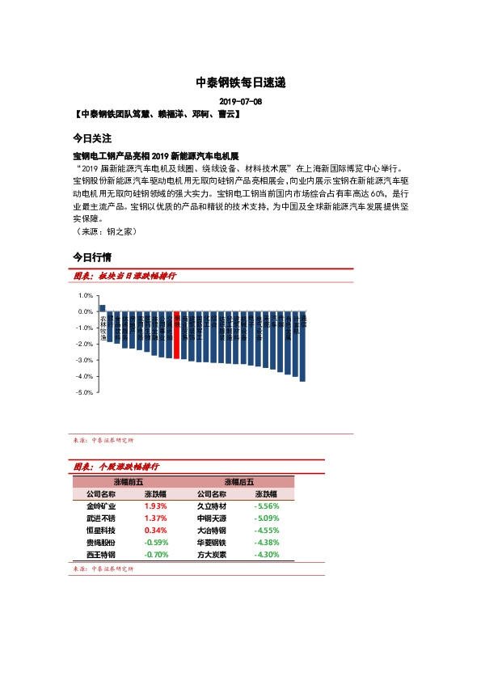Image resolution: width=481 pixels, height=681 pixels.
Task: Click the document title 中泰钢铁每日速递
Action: pos(241,82)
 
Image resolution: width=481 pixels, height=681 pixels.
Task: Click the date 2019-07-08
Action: pos(241,101)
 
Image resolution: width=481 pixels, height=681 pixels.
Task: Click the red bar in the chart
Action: pos(177,334)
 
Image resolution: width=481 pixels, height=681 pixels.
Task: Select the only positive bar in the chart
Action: pos(103,308)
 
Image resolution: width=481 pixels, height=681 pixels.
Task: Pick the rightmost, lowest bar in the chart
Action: pos(302,345)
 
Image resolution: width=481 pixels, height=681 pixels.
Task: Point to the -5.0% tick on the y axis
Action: pos(84,392)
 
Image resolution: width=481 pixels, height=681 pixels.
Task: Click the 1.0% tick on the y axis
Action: pos(85,295)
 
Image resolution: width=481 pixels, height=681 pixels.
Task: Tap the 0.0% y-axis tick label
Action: pos(85,311)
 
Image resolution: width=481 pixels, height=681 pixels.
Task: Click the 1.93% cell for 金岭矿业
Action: pos(155,505)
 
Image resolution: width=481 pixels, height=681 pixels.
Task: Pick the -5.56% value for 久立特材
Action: pos(266,505)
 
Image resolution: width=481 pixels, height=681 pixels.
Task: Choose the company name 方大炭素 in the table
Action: pos(213,555)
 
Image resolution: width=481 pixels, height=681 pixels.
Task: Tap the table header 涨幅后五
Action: pos(238,481)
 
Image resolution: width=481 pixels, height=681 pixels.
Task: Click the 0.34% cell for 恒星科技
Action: pos(155,530)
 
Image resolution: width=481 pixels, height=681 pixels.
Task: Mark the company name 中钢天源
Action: pos(213,518)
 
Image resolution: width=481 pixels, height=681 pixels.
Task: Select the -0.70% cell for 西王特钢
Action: pos(155,555)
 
